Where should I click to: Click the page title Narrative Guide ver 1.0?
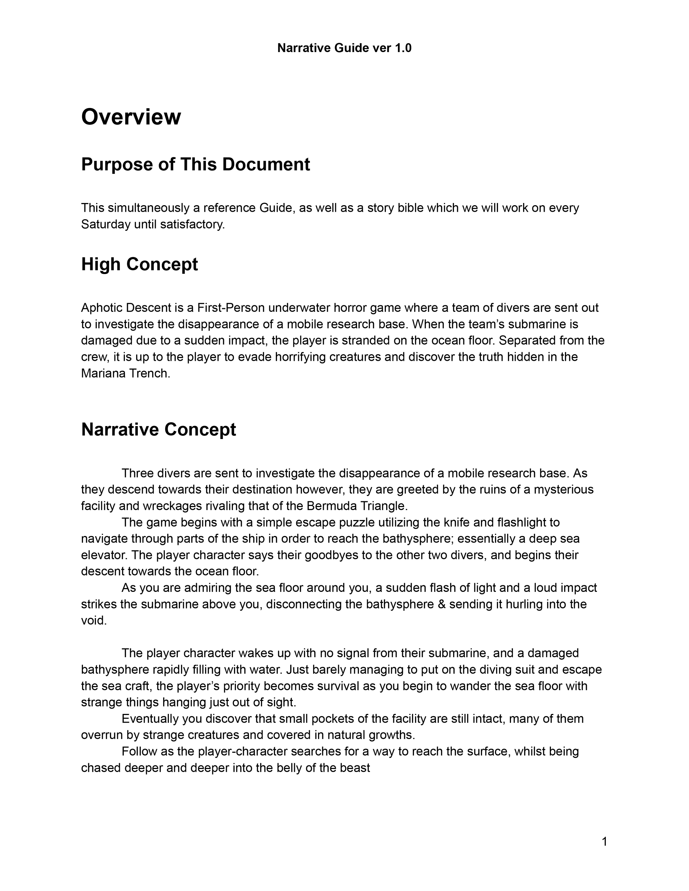coord(344,48)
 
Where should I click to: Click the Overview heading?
coord(131,117)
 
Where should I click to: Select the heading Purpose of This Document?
coord(195,164)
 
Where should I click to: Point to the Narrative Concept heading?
coord(158,430)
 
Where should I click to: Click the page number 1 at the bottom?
coord(604,842)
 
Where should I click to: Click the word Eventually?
coord(150,719)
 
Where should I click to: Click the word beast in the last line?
coord(356,768)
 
